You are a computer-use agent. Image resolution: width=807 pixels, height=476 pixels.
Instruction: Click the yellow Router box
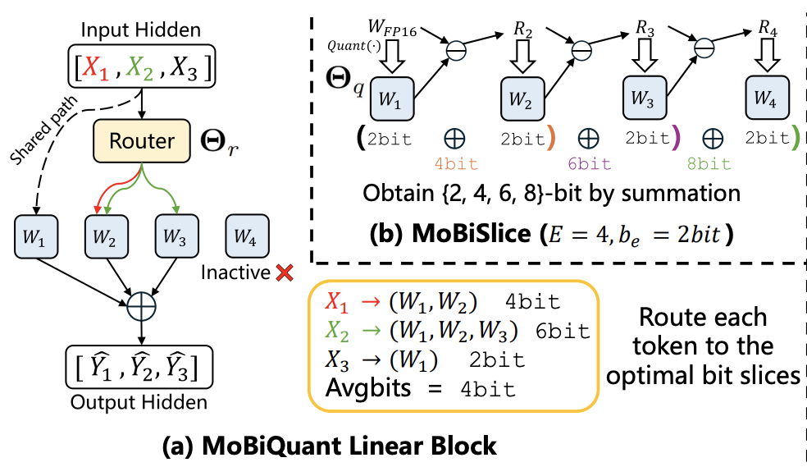(142, 141)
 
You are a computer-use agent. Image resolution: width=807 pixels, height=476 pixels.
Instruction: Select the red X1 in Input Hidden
(96, 67)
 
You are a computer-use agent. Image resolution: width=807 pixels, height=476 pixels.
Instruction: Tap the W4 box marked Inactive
(247, 236)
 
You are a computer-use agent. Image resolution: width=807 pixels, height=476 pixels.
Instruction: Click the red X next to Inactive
(284, 272)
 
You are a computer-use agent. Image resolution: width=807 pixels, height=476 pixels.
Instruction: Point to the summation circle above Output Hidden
(142, 307)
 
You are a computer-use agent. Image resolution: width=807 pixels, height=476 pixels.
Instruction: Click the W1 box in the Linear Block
(35, 236)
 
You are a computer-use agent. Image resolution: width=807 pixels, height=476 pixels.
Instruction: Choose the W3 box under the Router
(176, 236)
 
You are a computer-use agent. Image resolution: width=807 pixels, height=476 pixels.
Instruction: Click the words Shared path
(43, 130)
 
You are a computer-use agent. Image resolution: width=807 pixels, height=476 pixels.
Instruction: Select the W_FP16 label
(392, 27)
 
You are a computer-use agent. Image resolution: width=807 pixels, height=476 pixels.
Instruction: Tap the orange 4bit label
(456, 164)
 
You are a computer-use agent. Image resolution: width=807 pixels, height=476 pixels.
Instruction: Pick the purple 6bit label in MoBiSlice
(590, 164)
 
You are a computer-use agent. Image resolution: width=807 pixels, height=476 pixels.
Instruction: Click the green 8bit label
(709, 164)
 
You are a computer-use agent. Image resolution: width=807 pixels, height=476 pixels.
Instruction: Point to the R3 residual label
(645, 28)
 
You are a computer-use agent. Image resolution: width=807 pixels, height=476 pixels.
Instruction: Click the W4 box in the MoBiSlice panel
(768, 98)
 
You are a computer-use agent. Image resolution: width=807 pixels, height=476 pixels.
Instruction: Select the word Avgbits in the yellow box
(368, 388)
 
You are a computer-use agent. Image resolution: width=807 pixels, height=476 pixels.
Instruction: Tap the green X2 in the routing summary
(337, 332)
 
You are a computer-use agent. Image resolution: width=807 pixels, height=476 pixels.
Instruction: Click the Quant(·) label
(354, 46)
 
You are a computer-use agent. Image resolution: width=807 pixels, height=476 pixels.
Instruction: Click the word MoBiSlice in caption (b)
(471, 235)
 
